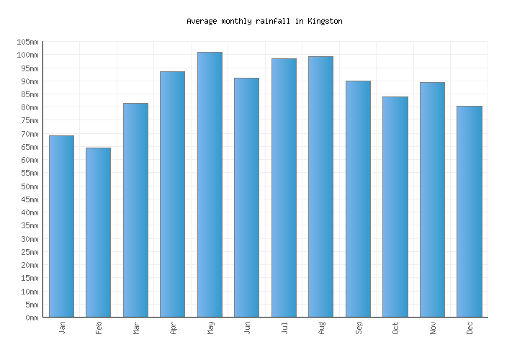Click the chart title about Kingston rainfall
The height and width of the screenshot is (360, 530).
264,22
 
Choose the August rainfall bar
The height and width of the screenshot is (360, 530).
320,186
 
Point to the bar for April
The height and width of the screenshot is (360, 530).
172,194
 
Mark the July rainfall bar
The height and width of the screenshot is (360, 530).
284,187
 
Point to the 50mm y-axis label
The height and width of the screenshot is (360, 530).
30,186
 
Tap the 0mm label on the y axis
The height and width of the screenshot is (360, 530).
32,318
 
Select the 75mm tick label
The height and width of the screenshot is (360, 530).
30,121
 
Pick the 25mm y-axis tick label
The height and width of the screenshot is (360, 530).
30,252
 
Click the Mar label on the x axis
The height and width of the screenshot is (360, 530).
136,328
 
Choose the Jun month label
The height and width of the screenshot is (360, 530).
247,328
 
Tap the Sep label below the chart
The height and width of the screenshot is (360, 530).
359,328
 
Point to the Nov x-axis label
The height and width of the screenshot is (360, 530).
433,328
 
